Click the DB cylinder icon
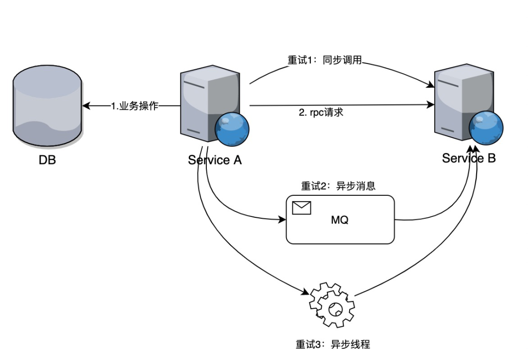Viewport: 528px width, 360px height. [47, 106]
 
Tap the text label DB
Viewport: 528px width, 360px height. [47, 160]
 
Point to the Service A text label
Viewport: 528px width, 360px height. [215, 160]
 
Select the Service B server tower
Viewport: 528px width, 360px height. [457, 103]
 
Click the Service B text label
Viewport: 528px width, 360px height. [469, 158]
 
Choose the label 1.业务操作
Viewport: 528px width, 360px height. [134, 106]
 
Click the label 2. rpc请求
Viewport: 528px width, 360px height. [321, 112]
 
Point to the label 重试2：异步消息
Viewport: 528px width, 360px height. [338, 186]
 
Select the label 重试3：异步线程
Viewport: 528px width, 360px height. [332, 344]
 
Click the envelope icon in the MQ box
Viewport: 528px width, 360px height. [302, 208]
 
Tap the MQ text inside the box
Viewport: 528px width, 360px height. [340, 220]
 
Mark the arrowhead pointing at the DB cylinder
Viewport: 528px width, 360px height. [86, 106]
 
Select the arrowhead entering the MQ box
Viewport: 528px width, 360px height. [283, 220]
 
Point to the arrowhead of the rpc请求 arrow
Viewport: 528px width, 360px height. [431, 105]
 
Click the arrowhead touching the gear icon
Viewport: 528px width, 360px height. [308, 294]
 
